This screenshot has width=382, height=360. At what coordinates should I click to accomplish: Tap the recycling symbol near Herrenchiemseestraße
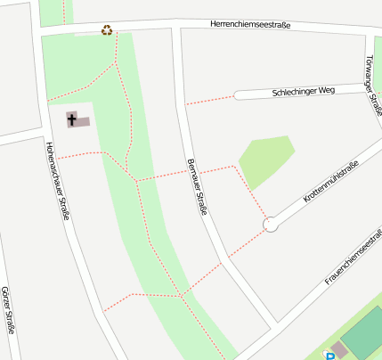tap(107, 29)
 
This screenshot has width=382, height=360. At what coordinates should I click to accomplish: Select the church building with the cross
tap(78, 119)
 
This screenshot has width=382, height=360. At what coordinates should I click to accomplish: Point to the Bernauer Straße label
tap(197, 186)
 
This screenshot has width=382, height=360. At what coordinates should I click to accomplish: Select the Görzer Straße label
tap(8, 310)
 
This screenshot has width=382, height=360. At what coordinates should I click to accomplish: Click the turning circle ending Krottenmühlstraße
tap(271, 225)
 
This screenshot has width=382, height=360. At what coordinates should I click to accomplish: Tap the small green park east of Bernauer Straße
tap(264, 159)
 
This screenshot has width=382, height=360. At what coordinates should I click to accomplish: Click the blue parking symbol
tap(330, 356)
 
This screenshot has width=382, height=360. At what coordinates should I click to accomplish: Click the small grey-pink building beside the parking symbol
tap(338, 348)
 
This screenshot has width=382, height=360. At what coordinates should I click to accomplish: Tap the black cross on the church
tap(72, 118)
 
